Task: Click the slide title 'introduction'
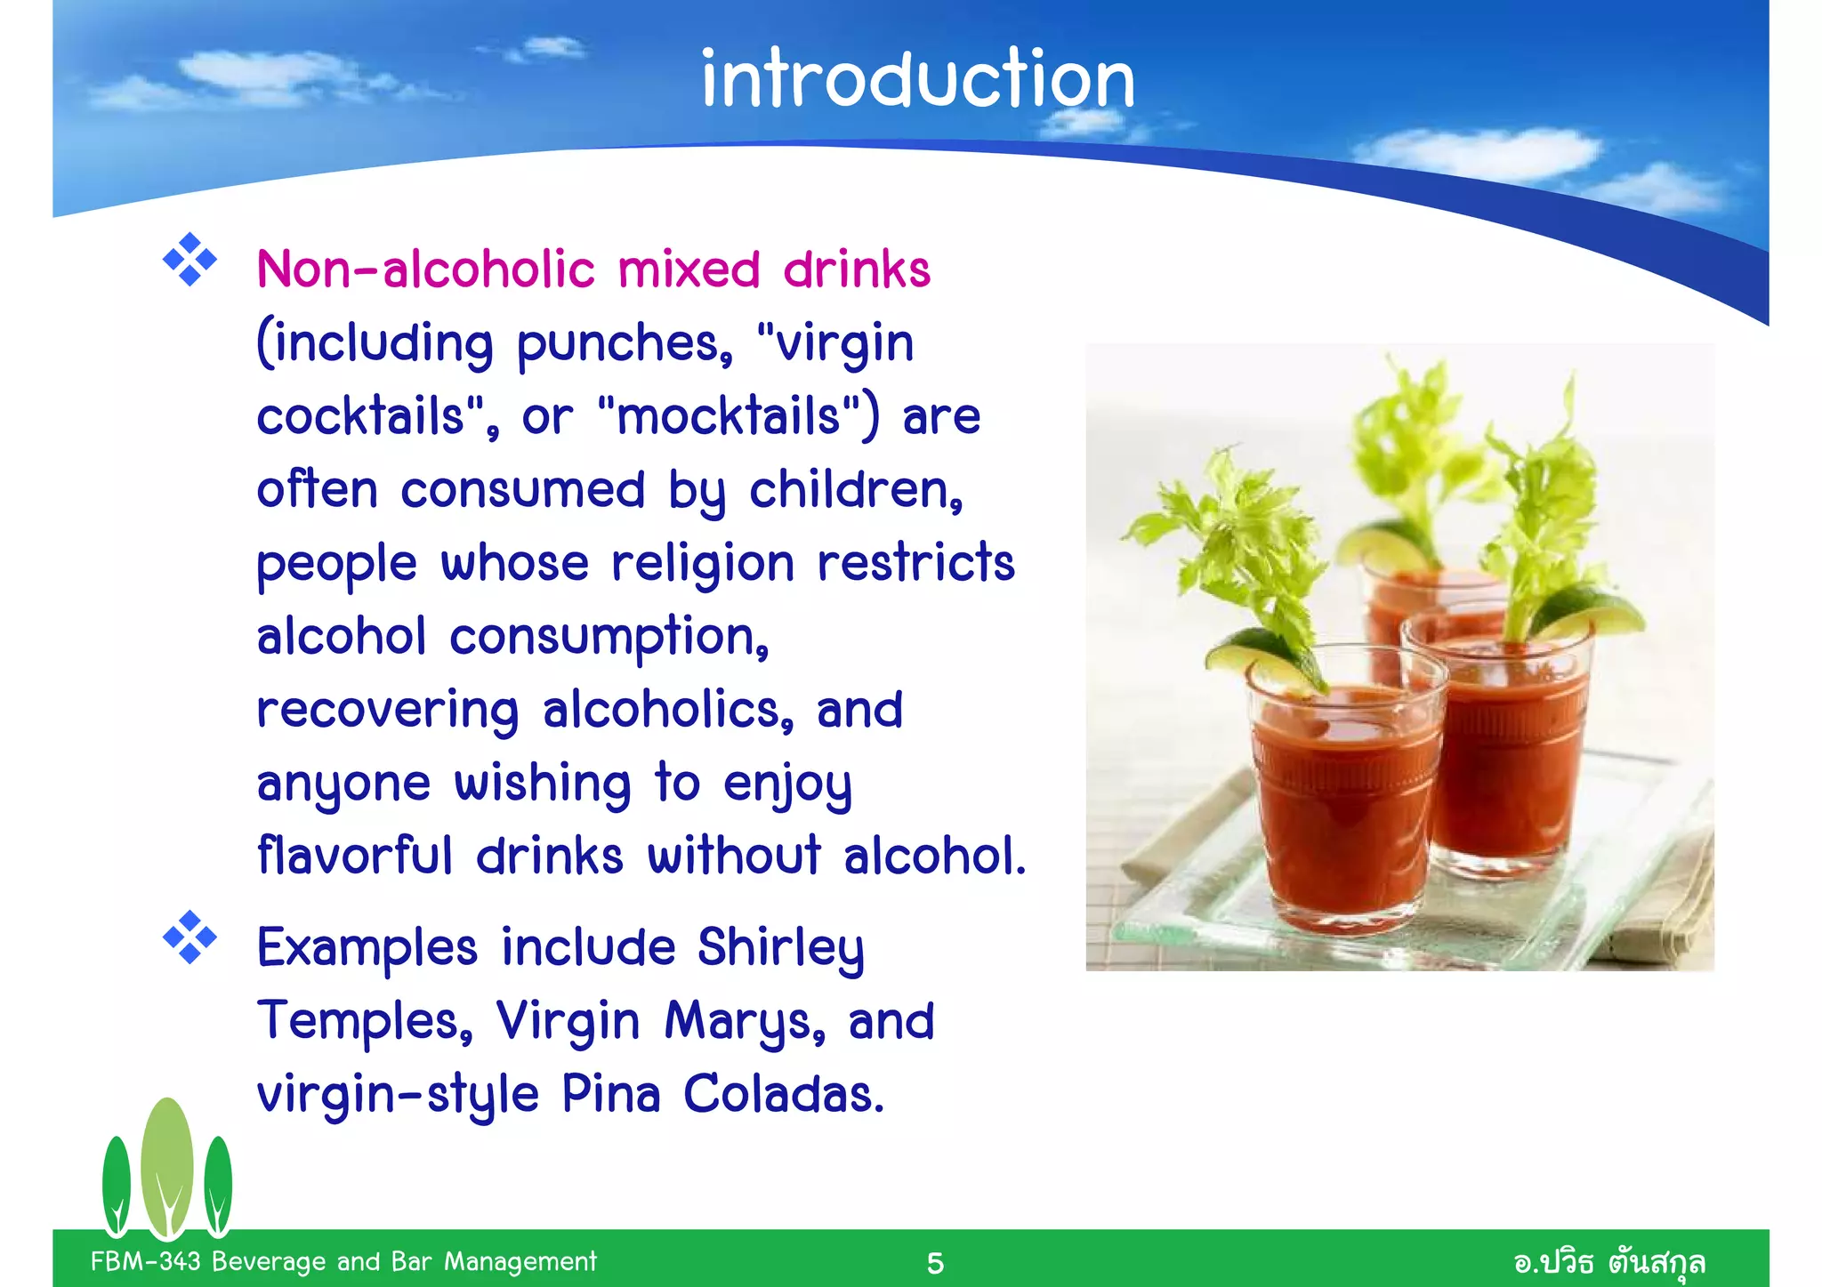pos(917,80)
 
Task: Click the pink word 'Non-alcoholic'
pos(425,269)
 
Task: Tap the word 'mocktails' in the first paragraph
pos(728,416)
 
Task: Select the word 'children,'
pos(856,490)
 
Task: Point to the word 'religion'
pos(703,564)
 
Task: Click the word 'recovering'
pos(388,711)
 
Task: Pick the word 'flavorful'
pos(355,856)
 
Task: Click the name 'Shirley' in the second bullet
pos(780,948)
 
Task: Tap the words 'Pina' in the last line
pos(611,1094)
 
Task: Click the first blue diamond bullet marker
pos(189,260)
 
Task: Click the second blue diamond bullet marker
pos(189,937)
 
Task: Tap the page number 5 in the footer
pos(935,1263)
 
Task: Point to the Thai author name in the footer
pos(1609,1262)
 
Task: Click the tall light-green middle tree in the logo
pos(167,1165)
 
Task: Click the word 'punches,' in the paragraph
pos(625,343)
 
